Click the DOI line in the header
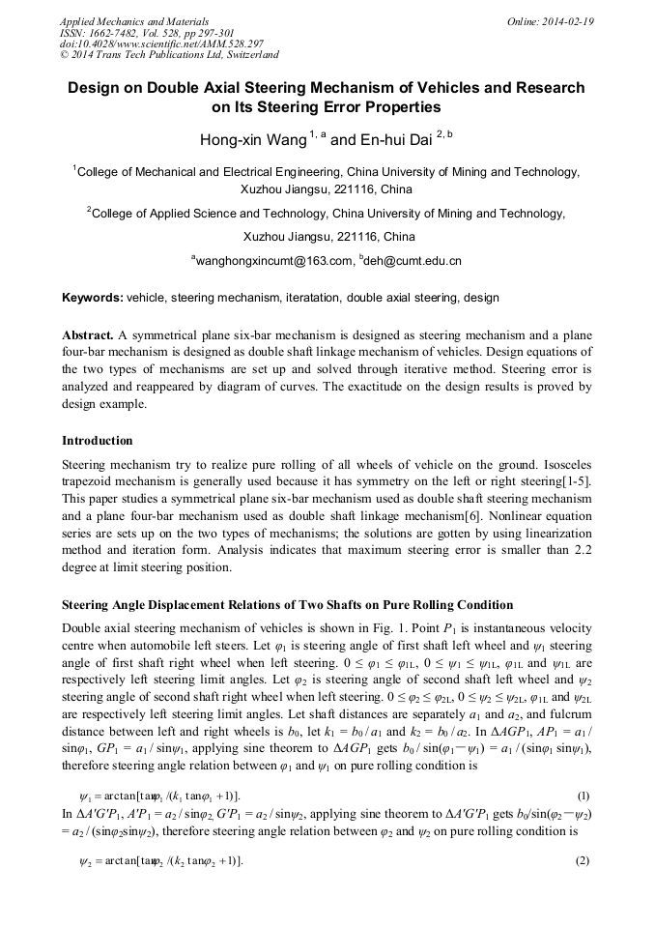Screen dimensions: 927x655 tap(161, 44)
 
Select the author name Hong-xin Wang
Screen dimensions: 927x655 tap(251, 140)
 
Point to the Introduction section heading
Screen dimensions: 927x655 tap(98, 441)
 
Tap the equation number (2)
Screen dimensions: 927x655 tap(583, 860)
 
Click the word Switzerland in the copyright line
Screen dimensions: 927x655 tap(245, 55)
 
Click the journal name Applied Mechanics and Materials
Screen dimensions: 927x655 tap(134, 21)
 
